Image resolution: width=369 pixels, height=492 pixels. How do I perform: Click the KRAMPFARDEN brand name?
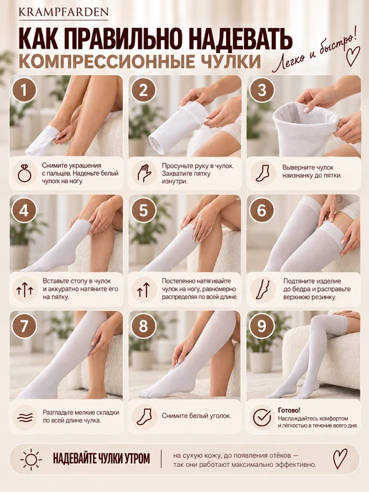tap(64, 12)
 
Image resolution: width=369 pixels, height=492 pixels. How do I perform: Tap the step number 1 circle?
tap(24, 90)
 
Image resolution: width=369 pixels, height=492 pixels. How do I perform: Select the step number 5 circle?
tap(143, 210)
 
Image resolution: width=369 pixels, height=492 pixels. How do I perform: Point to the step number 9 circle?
tap(262, 326)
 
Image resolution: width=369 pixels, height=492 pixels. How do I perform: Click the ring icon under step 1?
tap(24, 173)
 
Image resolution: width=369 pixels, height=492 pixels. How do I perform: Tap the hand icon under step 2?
tap(144, 173)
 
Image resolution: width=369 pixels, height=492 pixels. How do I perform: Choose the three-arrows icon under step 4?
tap(25, 290)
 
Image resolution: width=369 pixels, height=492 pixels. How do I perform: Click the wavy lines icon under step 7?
tap(25, 418)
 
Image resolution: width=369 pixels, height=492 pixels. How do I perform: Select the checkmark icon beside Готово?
tap(262, 417)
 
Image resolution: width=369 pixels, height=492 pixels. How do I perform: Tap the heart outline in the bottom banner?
tap(340, 458)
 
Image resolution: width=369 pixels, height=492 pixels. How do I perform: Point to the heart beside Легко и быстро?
tap(353, 56)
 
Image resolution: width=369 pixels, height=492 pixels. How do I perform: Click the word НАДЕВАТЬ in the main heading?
tap(241, 39)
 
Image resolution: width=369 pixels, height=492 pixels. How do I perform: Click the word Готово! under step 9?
tap(289, 410)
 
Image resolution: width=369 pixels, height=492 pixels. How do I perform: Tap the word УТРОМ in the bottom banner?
tap(136, 458)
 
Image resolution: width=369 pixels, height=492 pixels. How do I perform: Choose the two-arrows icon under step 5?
tap(144, 290)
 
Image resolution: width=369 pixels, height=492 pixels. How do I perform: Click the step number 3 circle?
tap(262, 90)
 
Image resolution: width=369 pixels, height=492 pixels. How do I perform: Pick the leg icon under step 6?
tap(262, 290)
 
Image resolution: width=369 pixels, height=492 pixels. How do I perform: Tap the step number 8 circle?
tap(143, 326)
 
